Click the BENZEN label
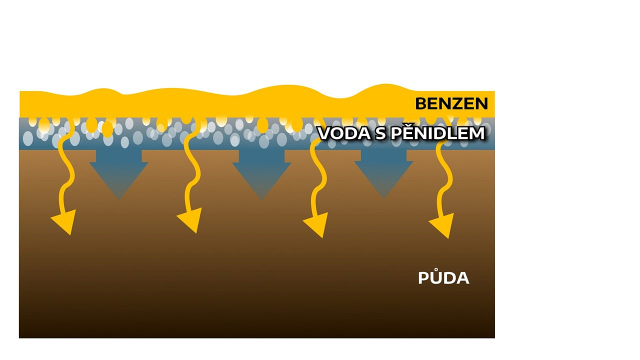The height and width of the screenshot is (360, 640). [x=451, y=103]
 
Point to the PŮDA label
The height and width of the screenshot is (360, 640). [x=443, y=277]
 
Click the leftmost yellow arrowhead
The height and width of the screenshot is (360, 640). [x=65, y=221]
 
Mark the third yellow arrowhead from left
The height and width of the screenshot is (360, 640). [x=317, y=224]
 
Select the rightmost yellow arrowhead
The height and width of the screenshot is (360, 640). [x=442, y=225]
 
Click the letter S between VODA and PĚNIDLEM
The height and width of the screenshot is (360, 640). [x=380, y=133]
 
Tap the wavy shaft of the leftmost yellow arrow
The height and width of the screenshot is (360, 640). [x=66, y=165]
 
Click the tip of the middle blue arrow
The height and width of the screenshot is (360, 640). [x=261, y=199]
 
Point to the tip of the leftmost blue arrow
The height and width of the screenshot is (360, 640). [x=119, y=199]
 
